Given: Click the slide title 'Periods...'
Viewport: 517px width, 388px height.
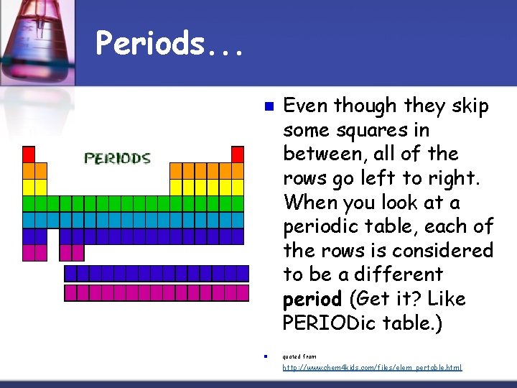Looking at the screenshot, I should point(169,45).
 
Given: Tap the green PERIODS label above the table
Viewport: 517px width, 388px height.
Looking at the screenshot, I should point(117,159).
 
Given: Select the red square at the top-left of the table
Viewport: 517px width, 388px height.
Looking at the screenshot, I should point(29,154).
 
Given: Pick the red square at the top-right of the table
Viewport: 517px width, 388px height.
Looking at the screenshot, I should point(238,154).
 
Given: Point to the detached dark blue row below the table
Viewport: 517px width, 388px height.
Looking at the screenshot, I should point(156,273).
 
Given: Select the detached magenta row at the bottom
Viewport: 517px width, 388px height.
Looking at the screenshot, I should point(156,292).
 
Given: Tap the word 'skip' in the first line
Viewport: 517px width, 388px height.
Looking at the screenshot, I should point(470,106).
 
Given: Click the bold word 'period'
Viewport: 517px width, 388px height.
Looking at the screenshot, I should point(312,299).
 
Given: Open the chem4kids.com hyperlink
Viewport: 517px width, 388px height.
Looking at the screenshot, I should point(372,367).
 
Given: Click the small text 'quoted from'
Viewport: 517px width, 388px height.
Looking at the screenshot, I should point(299,356).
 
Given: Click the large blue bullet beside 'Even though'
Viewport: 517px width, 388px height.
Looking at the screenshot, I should point(268,107).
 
